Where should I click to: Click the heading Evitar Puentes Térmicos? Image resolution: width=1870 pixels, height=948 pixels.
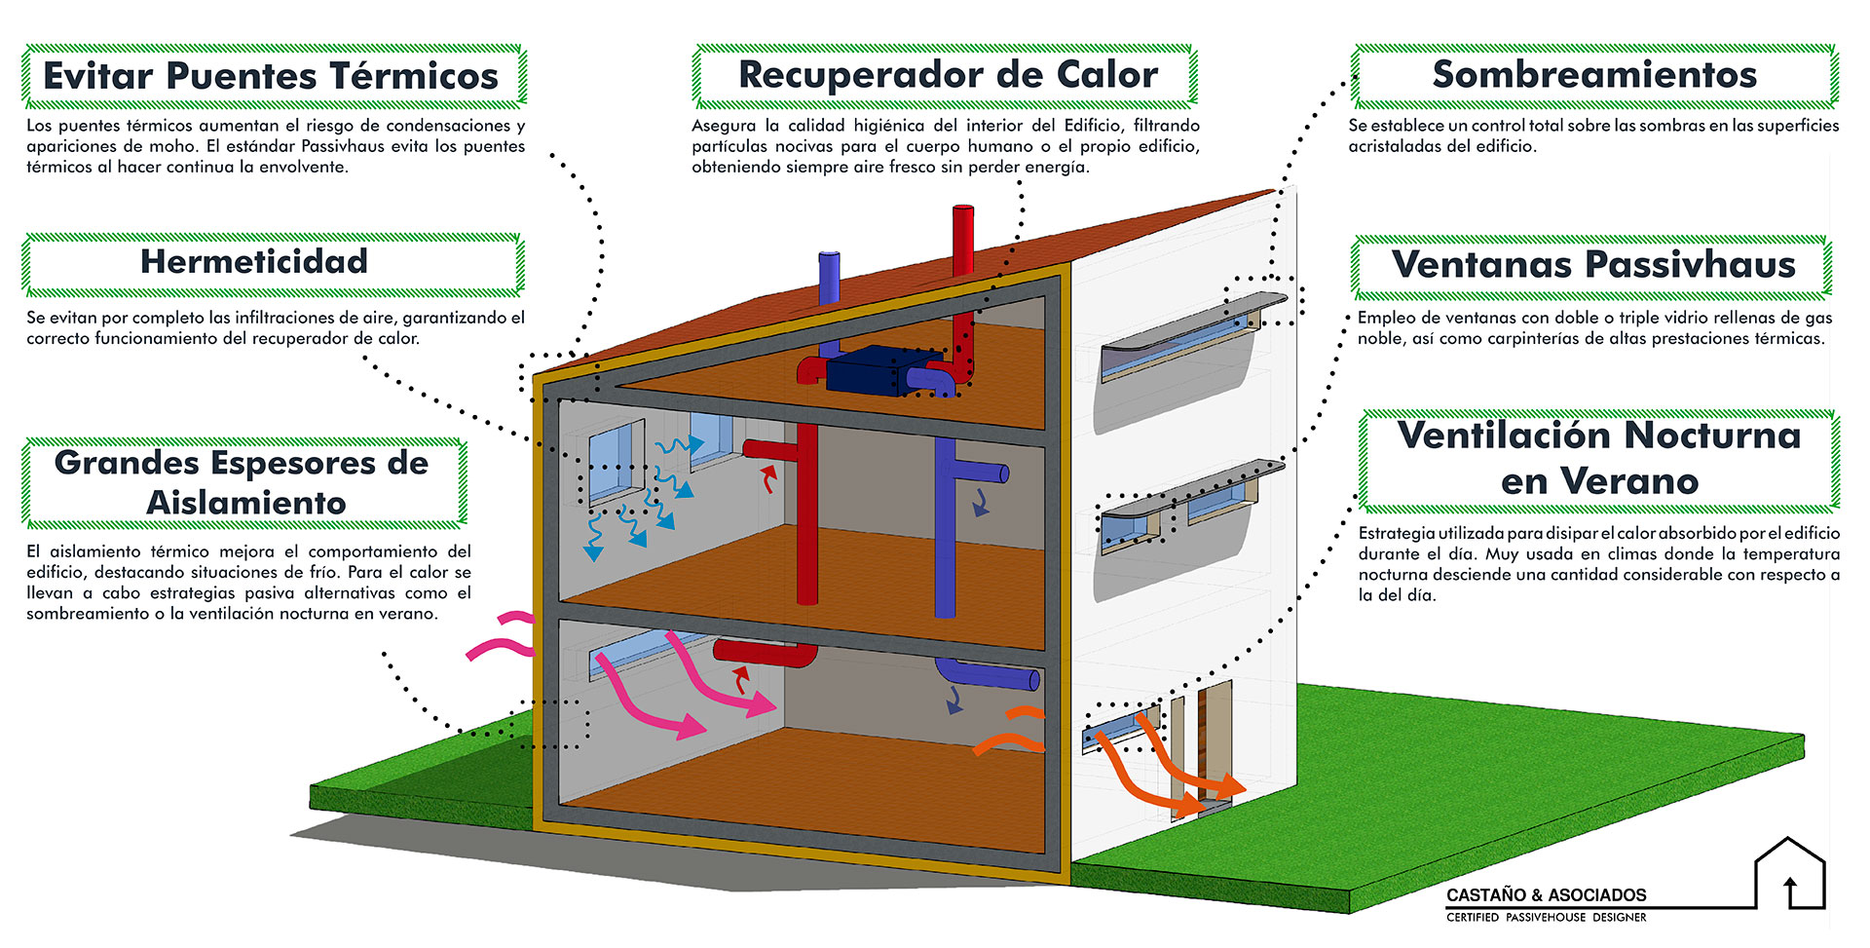coord(271,76)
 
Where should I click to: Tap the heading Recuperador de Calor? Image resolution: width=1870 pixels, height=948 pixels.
coord(948,75)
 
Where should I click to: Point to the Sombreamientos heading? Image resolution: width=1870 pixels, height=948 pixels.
coord(1594,75)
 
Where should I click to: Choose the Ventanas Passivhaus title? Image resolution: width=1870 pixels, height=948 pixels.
coord(1593,264)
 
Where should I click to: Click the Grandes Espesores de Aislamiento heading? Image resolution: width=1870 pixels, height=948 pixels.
coord(242,482)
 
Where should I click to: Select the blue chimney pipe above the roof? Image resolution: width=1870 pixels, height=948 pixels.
coord(829,277)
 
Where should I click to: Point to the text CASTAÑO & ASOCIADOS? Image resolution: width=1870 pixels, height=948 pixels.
coord(1546,894)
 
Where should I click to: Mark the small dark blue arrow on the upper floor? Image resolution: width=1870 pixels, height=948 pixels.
coord(980,503)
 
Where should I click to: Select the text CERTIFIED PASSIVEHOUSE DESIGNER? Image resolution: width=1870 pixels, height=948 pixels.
coord(1546,918)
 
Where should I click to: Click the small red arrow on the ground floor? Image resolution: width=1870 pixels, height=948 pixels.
coord(741,678)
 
